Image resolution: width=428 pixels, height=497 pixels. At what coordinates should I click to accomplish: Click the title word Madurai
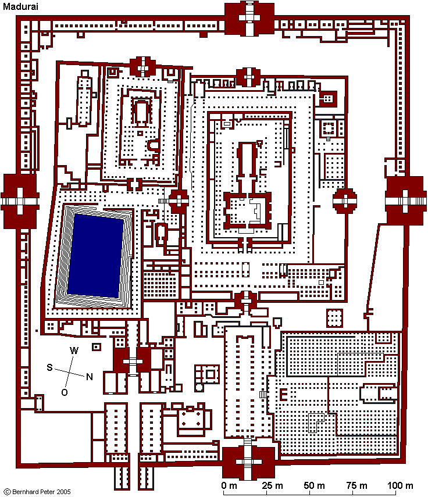coord(20,6)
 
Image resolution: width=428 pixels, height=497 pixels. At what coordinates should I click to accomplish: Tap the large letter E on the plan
coord(283,395)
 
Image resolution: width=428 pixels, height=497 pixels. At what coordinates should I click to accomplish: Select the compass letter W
coord(73,351)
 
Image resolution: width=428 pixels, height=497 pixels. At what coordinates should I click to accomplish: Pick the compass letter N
coord(90,377)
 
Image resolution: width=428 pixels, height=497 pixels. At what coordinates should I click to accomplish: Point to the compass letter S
coord(49,367)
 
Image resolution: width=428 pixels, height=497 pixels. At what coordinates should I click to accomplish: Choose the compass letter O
coord(65,392)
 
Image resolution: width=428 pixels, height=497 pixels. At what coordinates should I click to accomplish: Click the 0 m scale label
coord(229,485)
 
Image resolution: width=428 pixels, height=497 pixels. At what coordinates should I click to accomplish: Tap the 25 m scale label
coord(272,485)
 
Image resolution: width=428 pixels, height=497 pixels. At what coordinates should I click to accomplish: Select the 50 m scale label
coord(314,485)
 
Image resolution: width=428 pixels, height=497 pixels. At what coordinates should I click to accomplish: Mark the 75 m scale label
coord(356,485)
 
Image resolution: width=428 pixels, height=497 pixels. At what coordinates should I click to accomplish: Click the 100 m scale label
coord(400,485)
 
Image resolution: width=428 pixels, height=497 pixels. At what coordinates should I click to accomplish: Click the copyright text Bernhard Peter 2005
coord(41,492)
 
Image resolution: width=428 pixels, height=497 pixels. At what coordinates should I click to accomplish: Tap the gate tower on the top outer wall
coord(249,19)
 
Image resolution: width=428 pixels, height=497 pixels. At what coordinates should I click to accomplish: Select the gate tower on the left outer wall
coord(20,201)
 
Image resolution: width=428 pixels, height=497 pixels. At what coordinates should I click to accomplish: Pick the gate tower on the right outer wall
coord(405,201)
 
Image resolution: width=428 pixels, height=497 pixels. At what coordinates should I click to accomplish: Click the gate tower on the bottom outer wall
coord(248,463)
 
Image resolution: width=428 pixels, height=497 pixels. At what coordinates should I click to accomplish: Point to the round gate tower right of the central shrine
coord(345,201)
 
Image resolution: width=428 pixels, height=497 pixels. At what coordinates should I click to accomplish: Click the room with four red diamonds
coord(191,419)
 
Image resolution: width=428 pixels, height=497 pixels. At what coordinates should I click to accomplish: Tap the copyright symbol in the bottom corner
coord(8,492)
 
